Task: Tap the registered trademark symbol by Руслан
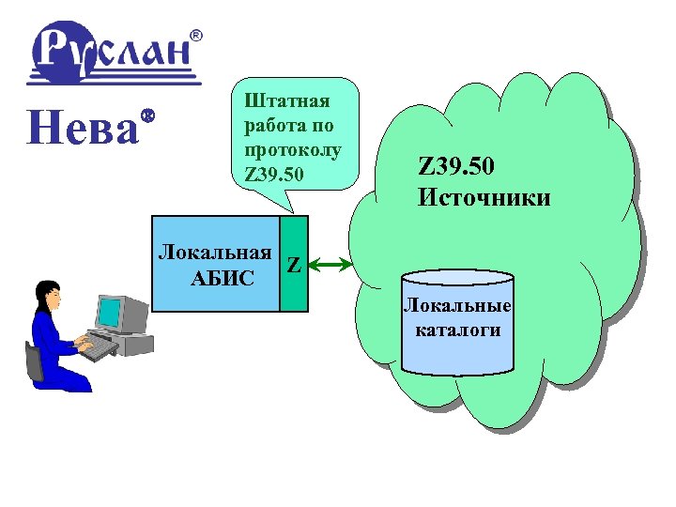coord(196,35)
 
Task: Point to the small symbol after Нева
coord(147,115)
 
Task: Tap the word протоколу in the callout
coord(292,150)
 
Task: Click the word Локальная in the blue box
coord(215,252)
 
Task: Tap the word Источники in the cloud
coord(484,197)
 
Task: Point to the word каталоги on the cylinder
coord(457,330)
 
